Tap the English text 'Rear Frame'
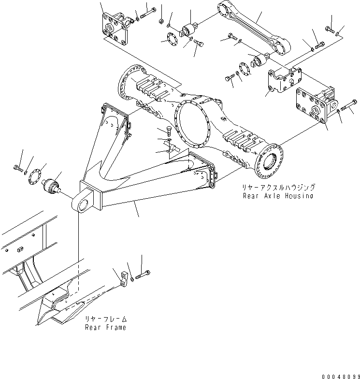[x=105, y=327]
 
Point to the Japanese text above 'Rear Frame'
[x=106, y=319]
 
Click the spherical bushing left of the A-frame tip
[x=52, y=186]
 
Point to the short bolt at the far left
[x=18, y=169]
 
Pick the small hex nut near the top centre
[x=160, y=20]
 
